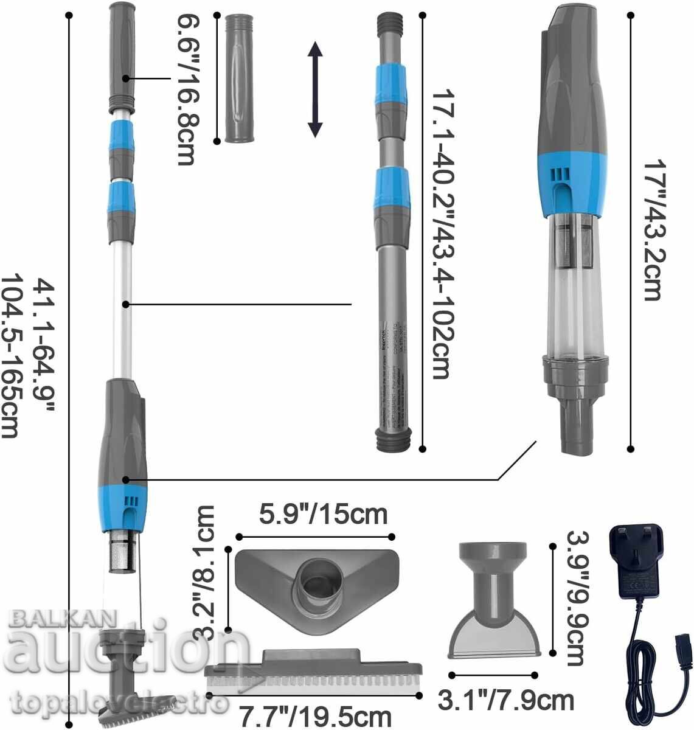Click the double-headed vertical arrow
coord(314,89)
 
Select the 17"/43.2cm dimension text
coord(652,230)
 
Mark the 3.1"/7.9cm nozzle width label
coord(506,700)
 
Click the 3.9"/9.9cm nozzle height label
coord(574,597)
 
